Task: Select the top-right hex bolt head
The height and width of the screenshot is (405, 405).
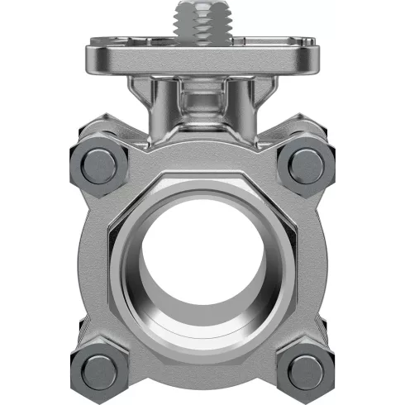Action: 308,164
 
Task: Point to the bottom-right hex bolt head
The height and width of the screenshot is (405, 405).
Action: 308,366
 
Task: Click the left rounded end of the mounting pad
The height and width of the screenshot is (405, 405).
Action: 92,58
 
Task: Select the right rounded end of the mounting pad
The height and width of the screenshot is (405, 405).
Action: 312,58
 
